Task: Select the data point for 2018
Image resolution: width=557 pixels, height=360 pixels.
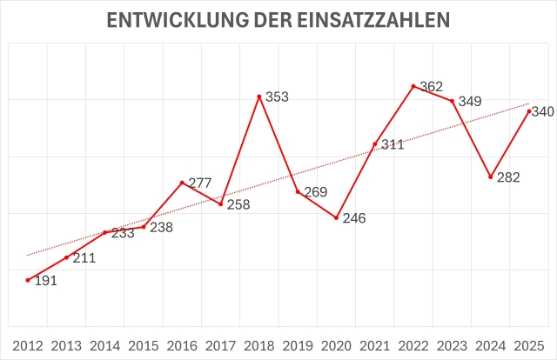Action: coord(259,96)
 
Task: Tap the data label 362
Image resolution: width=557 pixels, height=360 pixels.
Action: coord(432,86)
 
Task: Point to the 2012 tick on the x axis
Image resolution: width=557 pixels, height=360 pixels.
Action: coord(28,344)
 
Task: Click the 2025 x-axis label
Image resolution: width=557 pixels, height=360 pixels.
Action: coord(529,344)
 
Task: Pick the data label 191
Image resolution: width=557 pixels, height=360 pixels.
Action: coord(46,282)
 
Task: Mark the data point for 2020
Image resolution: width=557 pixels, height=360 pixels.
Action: coord(337,217)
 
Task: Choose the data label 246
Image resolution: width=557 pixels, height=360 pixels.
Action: coord(355,218)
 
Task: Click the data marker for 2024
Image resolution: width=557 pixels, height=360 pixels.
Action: coord(491,177)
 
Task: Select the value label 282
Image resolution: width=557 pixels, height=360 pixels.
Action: coord(509,178)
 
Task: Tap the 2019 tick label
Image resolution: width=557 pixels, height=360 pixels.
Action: coord(298,344)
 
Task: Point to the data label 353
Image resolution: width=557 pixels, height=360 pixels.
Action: coord(277,97)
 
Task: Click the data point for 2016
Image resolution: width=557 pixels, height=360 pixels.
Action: coord(182,183)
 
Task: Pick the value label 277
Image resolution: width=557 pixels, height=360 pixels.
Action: coord(200,183)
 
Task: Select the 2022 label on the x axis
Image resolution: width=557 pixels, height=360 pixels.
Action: coord(413,344)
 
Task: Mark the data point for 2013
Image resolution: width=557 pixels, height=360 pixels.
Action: coord(66,257)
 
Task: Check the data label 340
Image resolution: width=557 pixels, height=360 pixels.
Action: coord(544,111)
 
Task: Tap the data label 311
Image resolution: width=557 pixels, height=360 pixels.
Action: coord(393,144)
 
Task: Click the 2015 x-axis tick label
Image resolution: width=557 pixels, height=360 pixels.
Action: coord(144,344)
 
